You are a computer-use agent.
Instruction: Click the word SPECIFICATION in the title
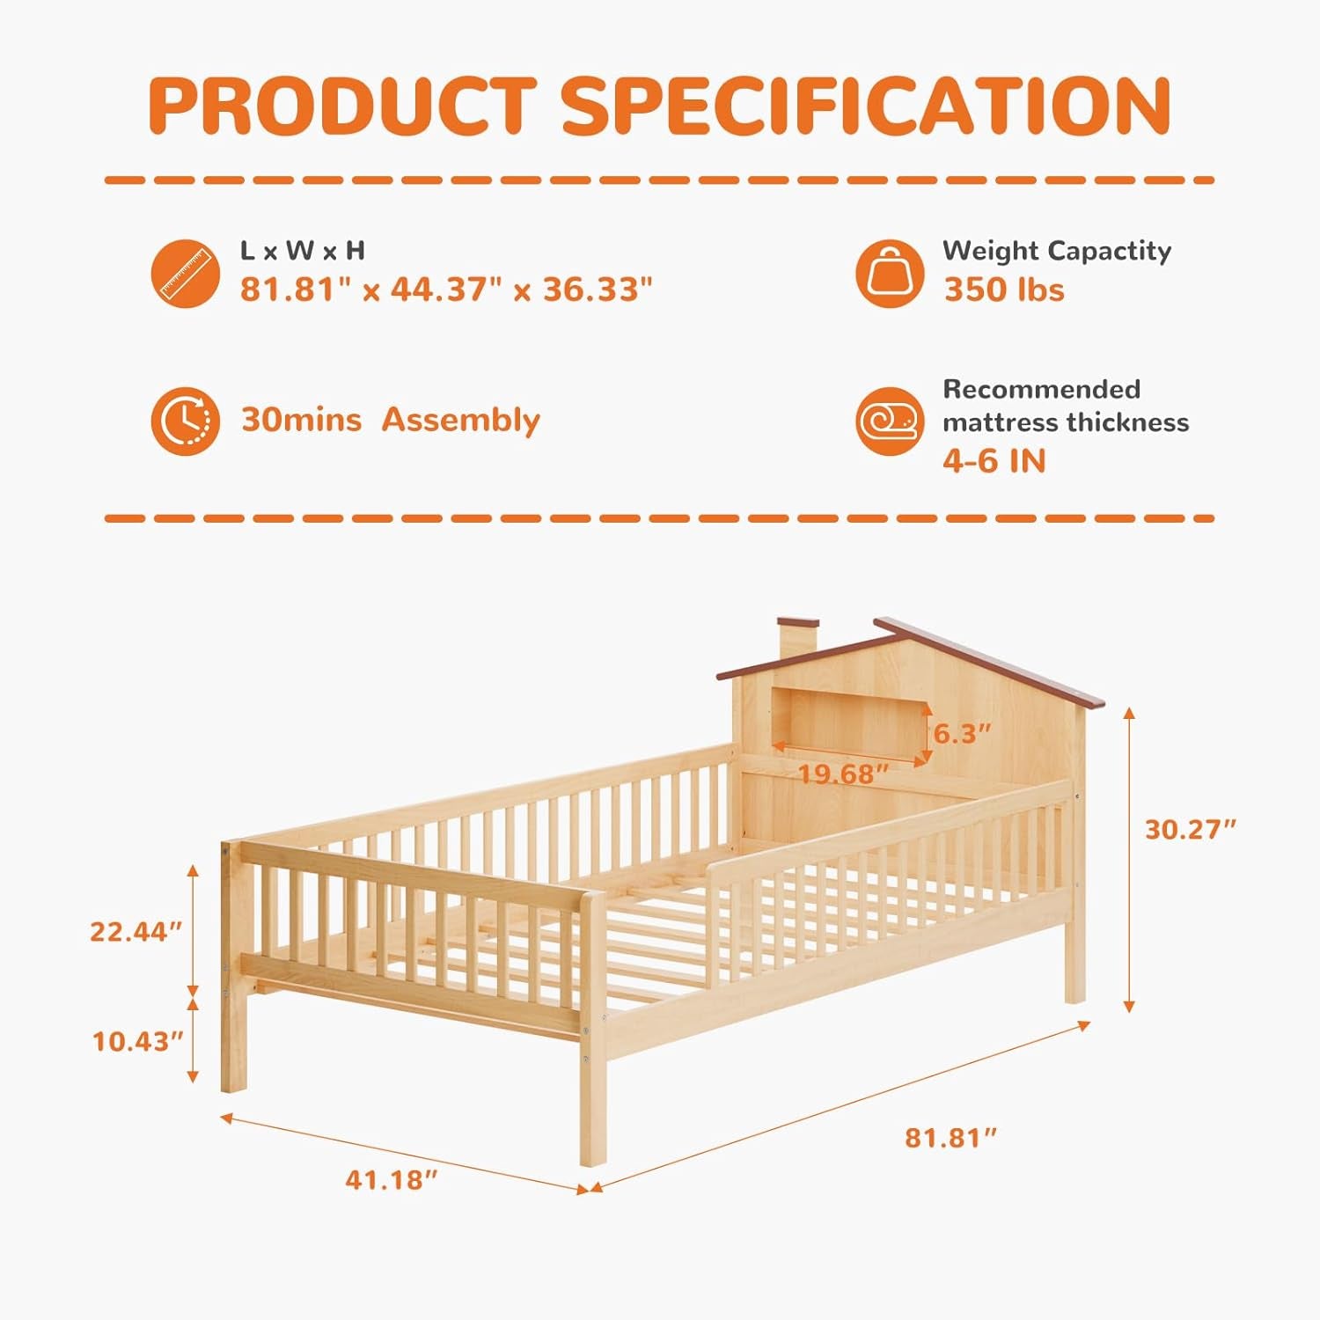[867, 106]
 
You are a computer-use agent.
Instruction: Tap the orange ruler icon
[186, 274]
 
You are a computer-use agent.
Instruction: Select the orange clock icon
[186, 421]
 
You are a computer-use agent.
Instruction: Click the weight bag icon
[890, 274]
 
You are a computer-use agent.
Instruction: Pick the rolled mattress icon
[890, 422]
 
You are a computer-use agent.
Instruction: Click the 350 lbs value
[1004, 290]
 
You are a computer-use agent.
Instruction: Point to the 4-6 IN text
[994, 460]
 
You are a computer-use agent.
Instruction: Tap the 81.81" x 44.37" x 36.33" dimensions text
[446, 289]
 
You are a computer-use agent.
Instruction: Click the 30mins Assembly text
[390, 420]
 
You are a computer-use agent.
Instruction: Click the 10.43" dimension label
[137, 1041]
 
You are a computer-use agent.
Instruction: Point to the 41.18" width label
[391, 1179]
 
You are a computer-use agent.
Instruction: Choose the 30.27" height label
[1190, 829]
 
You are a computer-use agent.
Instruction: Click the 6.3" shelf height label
[963, 733]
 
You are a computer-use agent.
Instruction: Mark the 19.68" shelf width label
[842, 774]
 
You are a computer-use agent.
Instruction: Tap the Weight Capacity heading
[1057, 251]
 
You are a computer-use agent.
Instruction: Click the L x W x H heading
[303, 251]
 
